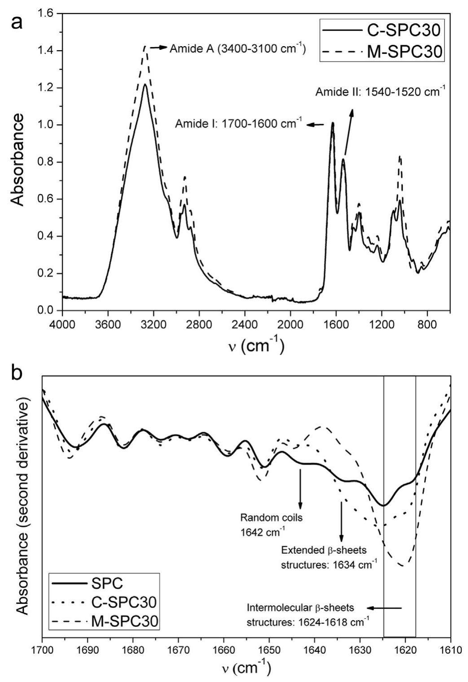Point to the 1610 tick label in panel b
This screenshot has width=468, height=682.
(x=450, y=649)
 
